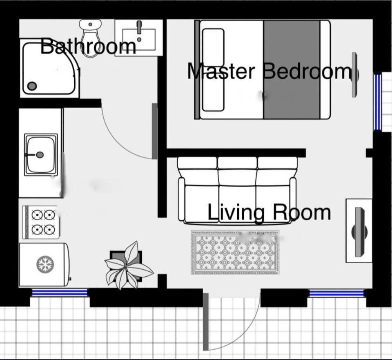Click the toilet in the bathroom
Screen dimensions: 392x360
(90, 38)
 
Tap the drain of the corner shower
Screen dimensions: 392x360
(32, 86)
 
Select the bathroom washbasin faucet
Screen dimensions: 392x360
(139, 27)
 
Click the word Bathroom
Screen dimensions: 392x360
(88, 46)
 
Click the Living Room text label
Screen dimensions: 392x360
(269, 212)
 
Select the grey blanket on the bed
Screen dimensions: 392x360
(292, 69)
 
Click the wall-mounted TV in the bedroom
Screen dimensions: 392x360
(355, 74)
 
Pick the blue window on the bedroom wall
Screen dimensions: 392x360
(377, 102)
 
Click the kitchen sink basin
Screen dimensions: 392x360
(41, 154)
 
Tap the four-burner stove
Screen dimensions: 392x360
(41, 222)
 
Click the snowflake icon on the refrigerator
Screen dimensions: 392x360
(45, 264)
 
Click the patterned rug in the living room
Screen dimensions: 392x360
(235, 252)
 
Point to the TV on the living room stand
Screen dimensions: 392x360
(359, 232)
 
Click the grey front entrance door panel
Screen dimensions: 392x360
(205, 322)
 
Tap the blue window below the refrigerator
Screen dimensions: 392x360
(60, 293)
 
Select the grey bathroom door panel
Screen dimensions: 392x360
(155, 131)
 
